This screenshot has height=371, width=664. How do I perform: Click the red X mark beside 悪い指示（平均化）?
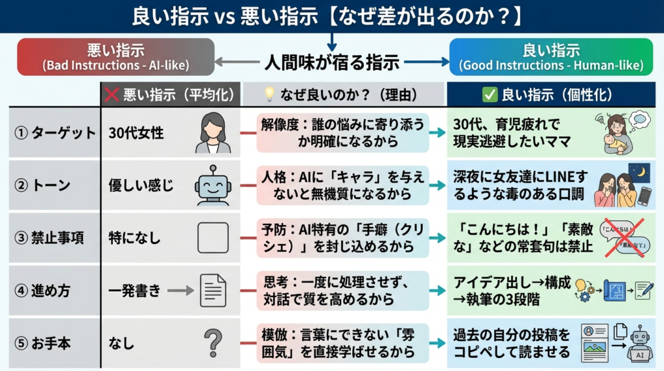[112, 95]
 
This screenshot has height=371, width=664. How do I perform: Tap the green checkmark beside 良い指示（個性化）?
[490, 95]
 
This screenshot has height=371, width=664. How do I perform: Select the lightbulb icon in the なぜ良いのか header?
[269, 94]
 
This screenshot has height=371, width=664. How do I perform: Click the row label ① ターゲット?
[55, 133]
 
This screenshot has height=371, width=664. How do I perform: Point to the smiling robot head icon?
[213, 185]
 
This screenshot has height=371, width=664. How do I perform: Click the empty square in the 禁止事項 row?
[213, 238]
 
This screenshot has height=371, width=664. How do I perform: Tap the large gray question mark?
[213, 343]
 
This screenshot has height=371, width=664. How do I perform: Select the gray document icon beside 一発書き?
[213, 291]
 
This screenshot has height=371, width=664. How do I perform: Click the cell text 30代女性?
[136, 133]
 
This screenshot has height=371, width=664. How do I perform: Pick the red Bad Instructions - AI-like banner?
[115, 57]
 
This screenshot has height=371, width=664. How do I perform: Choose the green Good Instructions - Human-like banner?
[551, 57]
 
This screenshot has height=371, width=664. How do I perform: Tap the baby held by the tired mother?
[613, 143]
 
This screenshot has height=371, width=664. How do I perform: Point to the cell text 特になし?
[135, 238]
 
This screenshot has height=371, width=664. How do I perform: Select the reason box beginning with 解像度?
[342, 133]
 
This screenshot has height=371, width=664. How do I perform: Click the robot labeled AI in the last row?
[639, 344]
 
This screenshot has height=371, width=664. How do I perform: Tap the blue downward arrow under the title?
[332, 42]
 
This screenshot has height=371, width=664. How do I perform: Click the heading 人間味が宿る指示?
[332, 63]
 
